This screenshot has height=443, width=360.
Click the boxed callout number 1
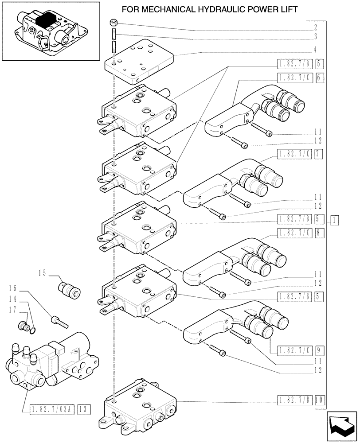pos(335,219)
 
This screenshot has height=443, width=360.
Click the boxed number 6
pos(319,78)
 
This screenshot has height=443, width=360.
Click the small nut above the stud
pos(114,23)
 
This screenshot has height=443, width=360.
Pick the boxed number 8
pos(319,232)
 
